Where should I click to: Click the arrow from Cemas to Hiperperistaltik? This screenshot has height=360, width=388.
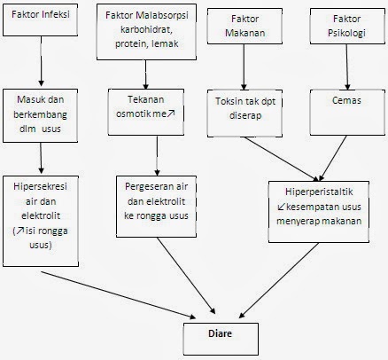coord(331,150)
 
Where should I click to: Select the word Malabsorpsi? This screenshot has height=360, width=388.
coord(172,16)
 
